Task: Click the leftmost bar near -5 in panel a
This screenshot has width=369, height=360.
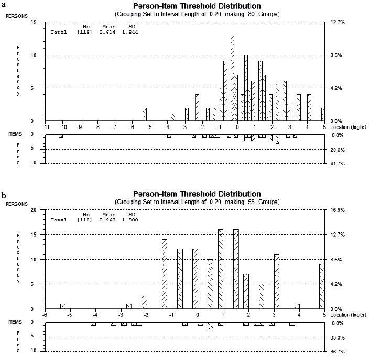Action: click(x=145, y=114)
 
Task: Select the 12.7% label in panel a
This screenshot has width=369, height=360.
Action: click(x=338, y=23)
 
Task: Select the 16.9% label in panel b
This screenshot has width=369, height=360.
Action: click(x=338, y=210)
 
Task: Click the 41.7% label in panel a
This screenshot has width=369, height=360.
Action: click(x=338, y=163)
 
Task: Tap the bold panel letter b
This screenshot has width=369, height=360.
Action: click(x=4, y=195)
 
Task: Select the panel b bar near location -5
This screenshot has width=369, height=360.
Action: click(x=63, y=306)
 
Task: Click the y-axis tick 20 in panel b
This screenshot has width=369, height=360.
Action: click(x=34, y=210)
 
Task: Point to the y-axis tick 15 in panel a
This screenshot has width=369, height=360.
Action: click(x=34, y=23)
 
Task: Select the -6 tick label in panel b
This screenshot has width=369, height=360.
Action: click(x=46, y=315)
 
